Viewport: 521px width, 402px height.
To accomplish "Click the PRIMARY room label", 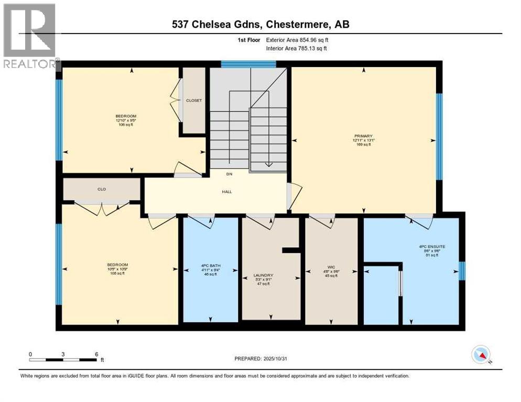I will pyautogui.click(x=362, y=136).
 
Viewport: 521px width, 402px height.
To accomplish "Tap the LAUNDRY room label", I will pyautogui.click(x=264, y=275).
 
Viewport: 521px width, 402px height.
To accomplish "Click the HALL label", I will pyautogui.click(x=227, y=192).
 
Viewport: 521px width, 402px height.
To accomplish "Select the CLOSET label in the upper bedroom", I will pyautogui.click(x=194, y=100).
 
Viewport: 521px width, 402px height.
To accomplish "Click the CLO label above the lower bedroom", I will pyautogui.click(x=102, y=189).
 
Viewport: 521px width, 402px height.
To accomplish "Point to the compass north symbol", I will pyautogui.click(x=481, y=355).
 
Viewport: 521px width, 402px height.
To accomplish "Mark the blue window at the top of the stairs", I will pyautogui.click(x=248, y=64).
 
